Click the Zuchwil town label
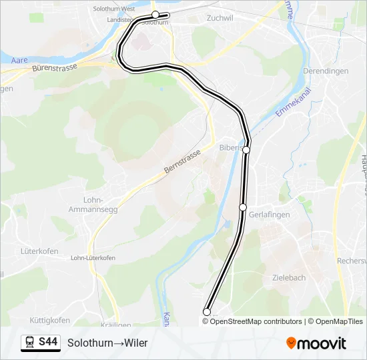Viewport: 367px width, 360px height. point(220,18)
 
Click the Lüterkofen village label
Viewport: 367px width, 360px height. point(39,251)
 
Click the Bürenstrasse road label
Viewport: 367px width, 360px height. point(55,67)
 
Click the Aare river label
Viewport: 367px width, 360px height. point(20,60)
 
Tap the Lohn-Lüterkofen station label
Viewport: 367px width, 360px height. point(91,258)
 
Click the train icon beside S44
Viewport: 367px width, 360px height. point(30,343)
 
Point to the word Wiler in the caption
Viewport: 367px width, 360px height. point(134,343)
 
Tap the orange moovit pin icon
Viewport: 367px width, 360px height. point(292,343)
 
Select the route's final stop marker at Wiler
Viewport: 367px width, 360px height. point(207,312)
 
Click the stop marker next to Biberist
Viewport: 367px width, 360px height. point(246,150)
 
